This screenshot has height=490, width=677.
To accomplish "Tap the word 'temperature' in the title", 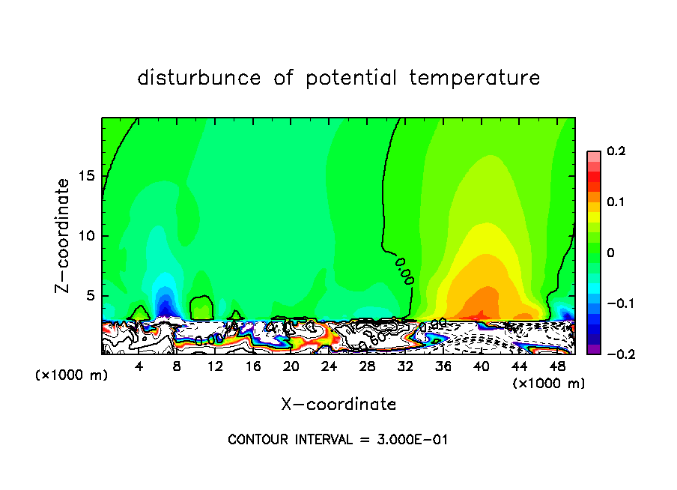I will (x=474, y=78).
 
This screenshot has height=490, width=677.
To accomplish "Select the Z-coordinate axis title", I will (x=64, y=235).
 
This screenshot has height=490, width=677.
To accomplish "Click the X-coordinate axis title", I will (x=338, y=404).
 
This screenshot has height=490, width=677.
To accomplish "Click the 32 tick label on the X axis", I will (x=405, y=366).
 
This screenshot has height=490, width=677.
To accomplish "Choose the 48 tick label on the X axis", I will (x=556, y=366).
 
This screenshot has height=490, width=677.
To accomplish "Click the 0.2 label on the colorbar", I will (x=616, y=151).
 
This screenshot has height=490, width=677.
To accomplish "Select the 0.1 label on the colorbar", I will (x=616, y=202).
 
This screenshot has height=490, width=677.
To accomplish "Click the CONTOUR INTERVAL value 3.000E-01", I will (x=411, y=440).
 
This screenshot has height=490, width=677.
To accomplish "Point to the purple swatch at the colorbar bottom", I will (x=594, y=348).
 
